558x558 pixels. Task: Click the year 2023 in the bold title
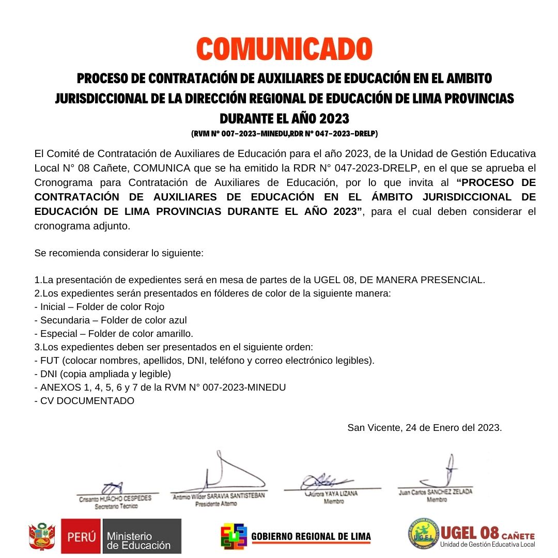334,119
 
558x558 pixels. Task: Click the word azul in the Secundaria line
177,320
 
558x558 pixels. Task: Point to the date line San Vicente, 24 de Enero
424,428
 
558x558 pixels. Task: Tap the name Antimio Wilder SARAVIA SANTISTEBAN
219,495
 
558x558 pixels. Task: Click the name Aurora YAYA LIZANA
334,494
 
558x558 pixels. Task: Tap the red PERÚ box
82,536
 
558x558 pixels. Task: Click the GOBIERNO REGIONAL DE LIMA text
311,536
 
